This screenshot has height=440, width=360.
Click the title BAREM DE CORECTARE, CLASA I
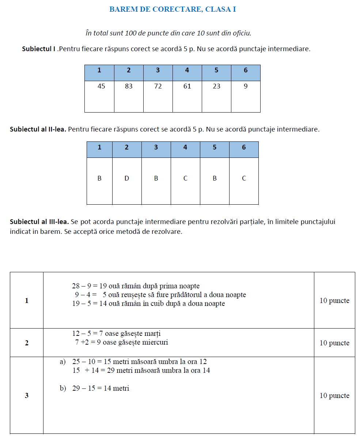(173, 10)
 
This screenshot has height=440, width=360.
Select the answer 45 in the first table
(101, 87)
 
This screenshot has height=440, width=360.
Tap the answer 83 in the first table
(129, 87)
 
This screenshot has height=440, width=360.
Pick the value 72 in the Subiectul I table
(158, 87)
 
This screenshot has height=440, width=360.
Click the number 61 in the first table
(187, 87)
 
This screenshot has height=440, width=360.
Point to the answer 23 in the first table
(216, 87)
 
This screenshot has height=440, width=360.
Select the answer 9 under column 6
(246, 87)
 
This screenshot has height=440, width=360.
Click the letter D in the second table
(127, 178)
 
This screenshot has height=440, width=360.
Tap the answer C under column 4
(185, 178)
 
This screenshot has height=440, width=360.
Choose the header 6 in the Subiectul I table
(246, 70)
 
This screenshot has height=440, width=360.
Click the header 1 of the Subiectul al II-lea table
(99, 147)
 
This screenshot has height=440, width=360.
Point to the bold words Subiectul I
(39, 49)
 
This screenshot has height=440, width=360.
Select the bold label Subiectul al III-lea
(39, 221)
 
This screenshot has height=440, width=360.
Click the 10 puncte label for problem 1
(334, 301)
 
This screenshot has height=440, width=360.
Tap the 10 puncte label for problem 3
(334, 396)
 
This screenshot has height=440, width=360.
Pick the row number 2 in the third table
(27, 343)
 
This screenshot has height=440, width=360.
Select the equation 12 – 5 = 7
(88, 334)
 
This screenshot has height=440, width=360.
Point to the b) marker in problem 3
(63, 388)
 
